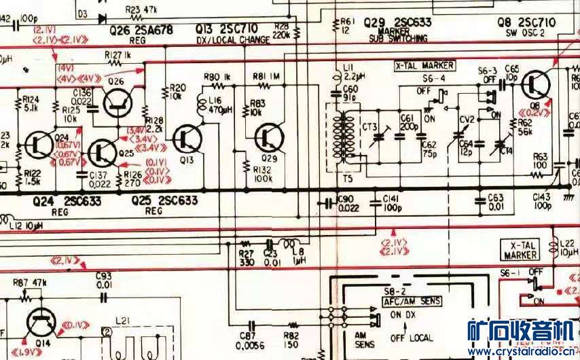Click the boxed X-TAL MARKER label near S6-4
click(x=424, y=66)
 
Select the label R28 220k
click(x=283, y=30)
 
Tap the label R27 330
click(x=247, y=257)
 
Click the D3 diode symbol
click(x=102, y=18)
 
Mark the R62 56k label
click(x=524, y=128)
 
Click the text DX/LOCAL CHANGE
click(x=233, y=40)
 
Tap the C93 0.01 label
click(x=103, y=279)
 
